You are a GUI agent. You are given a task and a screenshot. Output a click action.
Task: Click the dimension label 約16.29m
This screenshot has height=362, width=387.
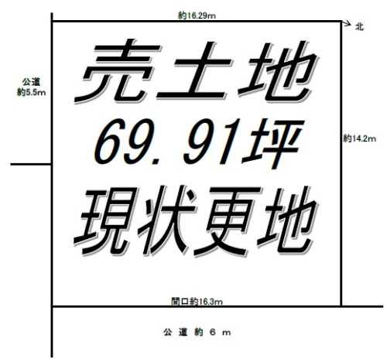pyautogui.click(x=197, y=15)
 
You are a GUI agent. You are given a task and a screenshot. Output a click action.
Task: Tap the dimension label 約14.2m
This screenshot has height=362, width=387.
pyautogui.click(x=359, y=138)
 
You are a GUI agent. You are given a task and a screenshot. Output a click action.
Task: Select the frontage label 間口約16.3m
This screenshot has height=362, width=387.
pyautogui.click(x=197, y=302)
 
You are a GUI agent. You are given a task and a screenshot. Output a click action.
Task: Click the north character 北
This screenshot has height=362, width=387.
pyautogui.click(x=359, y=27)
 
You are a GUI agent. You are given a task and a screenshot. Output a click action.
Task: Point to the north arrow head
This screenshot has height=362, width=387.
pyautogui.click(x=349, y=23)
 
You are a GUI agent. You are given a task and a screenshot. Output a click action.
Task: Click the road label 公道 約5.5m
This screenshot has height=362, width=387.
pyautogui.click(x=31, y=87)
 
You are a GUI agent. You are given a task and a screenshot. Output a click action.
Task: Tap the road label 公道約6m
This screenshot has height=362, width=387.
pyautogui.click(x=197, y=333)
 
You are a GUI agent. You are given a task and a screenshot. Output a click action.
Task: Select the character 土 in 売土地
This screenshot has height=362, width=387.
pyautogui.click(x=195, y=71)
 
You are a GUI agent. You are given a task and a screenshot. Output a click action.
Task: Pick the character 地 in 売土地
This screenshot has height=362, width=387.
pyautogui.click(x=277, y=72)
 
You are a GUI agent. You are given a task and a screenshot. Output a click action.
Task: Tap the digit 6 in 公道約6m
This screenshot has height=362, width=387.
pyautogui.click(x=213, y=333)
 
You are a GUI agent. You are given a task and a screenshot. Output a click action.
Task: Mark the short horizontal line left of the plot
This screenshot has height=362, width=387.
pyautogui.click(x=31, y=164)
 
